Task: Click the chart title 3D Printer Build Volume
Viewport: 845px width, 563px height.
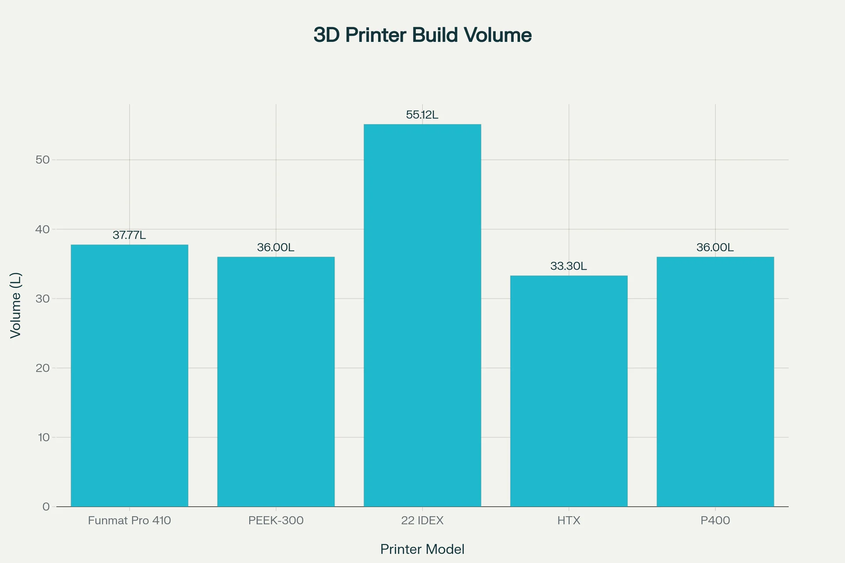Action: click(x=422, y=35)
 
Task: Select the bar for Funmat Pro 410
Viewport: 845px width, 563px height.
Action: click(x=129, y=376)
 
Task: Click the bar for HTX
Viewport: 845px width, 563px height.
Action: click(x=569, y=391)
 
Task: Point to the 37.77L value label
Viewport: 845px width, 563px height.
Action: click(x=129, y=235)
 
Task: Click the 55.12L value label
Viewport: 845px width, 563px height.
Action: click(x=422, y=115)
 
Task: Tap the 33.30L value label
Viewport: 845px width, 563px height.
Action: click(x=569, y=266)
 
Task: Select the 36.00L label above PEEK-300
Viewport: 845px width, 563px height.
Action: click(x=276, y=247)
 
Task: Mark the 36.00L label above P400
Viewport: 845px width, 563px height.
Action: click(x=715, y=247)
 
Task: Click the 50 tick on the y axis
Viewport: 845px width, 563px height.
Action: click(x=43, y=160)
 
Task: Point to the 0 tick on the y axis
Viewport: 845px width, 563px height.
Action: click(x=46, y=507)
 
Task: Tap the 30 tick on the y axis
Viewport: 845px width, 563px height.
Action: click(x=43, y=299)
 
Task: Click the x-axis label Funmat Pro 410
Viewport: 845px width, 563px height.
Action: click(x=129, y=521)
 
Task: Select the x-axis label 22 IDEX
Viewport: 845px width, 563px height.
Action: click(x=422, y=521)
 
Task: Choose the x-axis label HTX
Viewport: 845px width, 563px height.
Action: click(x=569, y=521)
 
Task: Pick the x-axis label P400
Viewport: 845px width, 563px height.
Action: click(x=715, y=521)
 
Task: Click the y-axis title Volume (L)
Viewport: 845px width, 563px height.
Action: click(x=16, y=305)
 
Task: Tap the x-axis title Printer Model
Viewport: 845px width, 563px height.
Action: click(x=422, y=549)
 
